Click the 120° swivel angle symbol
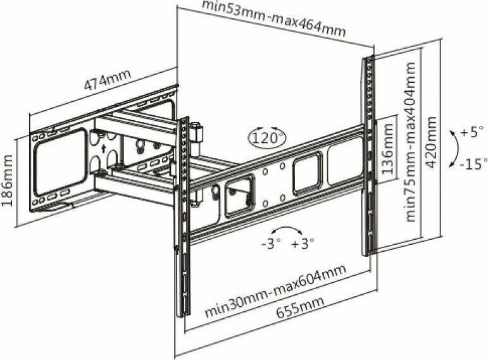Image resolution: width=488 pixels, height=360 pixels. point(267,137)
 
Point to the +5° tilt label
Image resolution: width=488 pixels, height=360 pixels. point(472,133)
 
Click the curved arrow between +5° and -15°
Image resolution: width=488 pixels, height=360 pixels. point(454,148)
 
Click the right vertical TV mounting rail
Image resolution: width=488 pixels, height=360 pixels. point(367,155)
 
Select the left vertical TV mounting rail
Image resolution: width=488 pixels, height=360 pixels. point(183,215)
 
